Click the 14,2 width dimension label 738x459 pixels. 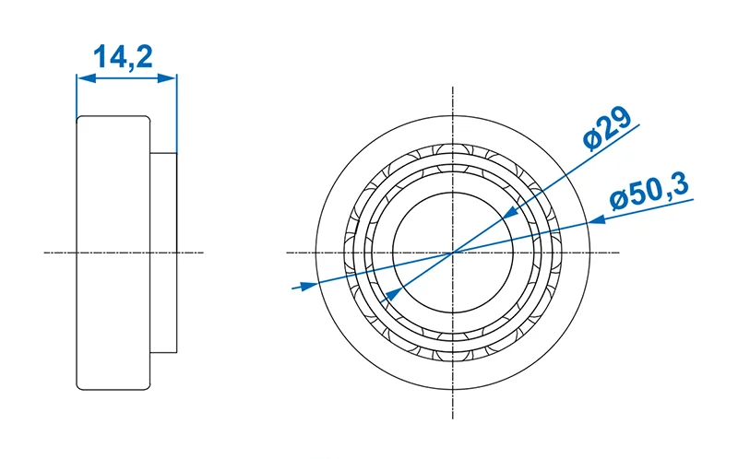point(123,58)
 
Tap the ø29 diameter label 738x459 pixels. point(607,128)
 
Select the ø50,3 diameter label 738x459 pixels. point(649,192)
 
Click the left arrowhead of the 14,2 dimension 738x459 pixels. point(86,78)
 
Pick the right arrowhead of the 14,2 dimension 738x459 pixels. point(167,78)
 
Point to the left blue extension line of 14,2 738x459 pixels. point(77,96)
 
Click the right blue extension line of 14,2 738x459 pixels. point(177,112)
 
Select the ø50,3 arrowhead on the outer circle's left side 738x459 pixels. point(308,286)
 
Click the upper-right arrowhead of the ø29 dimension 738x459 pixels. point(511,213)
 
